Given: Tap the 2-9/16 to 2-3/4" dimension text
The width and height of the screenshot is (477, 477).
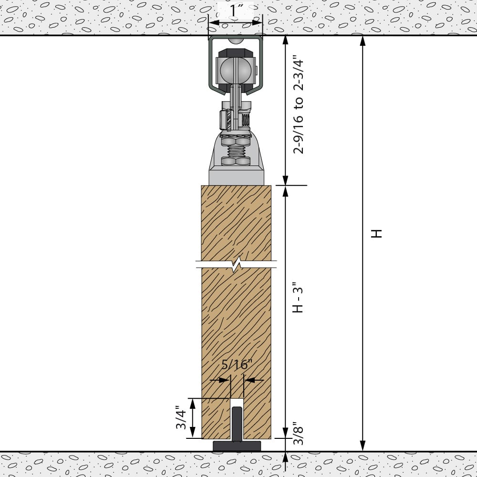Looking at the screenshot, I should (299, 105).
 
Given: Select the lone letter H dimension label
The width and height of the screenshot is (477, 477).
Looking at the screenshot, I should (377, 234).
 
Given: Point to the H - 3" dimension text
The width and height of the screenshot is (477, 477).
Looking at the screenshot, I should (299, 299).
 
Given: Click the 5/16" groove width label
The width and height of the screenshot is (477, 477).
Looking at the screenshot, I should (237, 365).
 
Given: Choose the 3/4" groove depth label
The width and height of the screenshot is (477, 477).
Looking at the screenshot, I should (181, 417).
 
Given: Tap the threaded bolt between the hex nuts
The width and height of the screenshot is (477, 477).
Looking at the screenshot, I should (236, 152).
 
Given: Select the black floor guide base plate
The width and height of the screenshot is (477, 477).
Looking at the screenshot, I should (237, 446).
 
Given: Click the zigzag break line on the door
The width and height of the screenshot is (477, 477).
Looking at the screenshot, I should (237, 264).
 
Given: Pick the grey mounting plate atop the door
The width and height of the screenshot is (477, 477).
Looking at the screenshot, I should (237, 177).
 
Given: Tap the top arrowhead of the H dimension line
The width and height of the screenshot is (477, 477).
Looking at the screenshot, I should (363, 40).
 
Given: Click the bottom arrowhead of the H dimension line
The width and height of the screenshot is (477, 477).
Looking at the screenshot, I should (363, 446).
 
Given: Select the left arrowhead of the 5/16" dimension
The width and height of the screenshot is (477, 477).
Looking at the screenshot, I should (224, 380).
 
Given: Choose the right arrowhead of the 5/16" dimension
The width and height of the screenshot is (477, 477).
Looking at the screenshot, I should (249, 380).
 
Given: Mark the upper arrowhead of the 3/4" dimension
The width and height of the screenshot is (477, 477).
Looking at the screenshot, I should (193, 403).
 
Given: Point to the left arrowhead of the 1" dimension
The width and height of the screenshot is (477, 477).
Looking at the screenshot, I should (213, 22).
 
